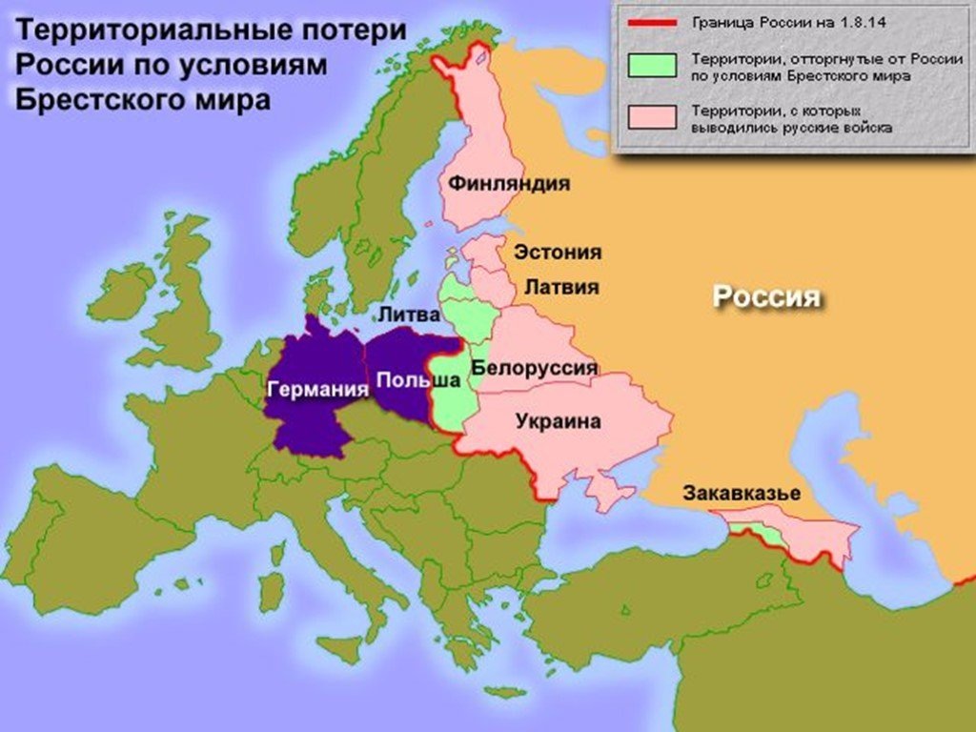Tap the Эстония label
558,253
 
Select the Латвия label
557,287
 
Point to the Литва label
409,314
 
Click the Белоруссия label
535,368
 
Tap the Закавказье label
741,494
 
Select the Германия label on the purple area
317,390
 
